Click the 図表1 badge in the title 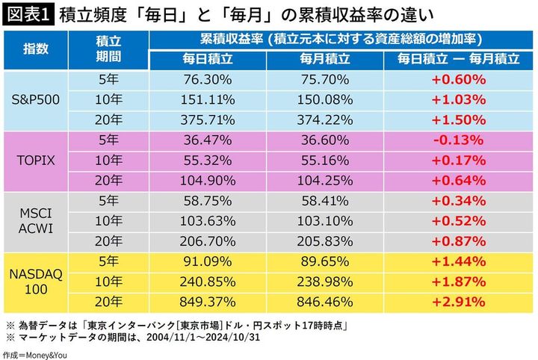click(x=28, y=14)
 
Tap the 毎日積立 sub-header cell click(x=207, y=58)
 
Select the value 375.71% click(x=207, y=118)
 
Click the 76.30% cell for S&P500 click(x=207, y=78)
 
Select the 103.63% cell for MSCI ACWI click(x=207, y=220)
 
